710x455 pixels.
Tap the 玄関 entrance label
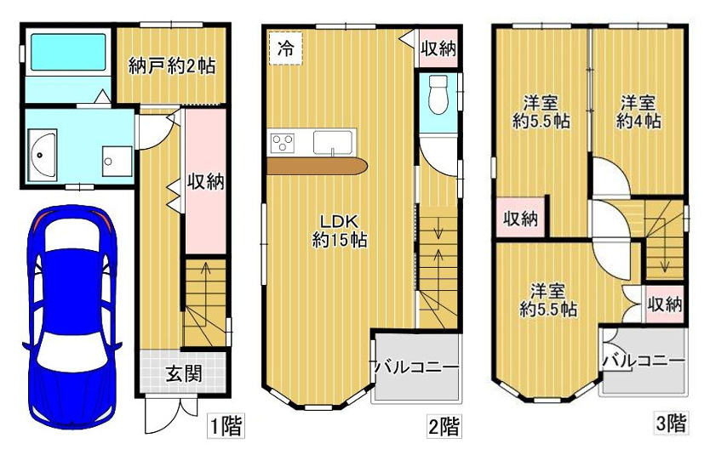tap(183, 373)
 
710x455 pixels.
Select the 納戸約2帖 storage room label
tap(171, 65)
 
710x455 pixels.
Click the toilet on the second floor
tap(438, 94)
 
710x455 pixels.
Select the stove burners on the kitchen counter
tap(281, 142)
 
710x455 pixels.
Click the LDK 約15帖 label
tap(339, 230)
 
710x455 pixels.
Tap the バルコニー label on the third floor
tap(643, 361)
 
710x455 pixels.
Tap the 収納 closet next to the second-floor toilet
tap(438, 49)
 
